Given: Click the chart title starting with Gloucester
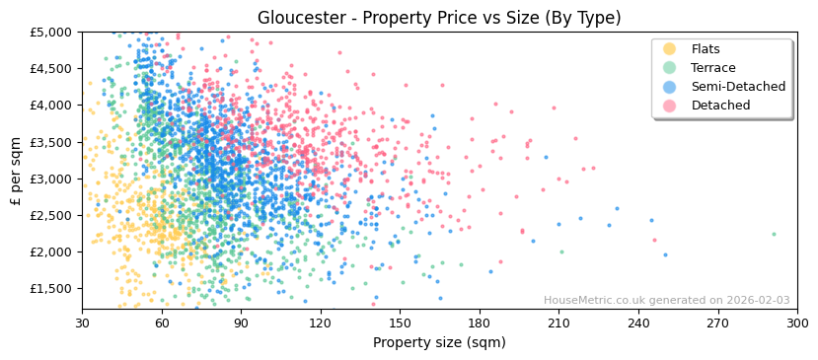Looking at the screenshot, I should (439, 18).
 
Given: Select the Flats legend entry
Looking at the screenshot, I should (705, 49).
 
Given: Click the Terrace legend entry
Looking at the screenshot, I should (712, 68).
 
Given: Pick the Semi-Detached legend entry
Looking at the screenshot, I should (738, 87).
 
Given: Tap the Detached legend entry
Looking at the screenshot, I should (719, 106).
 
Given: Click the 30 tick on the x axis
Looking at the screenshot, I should (82, 324).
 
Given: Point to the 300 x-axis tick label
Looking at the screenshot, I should (797, 324).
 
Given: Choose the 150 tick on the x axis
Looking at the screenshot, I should (400, 324).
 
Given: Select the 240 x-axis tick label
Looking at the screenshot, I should (638, 324).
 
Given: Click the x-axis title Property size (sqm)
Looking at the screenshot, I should (439, 343).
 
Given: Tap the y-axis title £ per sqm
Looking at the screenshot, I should (16, 172).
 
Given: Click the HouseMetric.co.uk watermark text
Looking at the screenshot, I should (666, 301).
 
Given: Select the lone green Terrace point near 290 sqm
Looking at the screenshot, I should (774, 234).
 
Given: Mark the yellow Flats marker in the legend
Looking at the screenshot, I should (669, 49).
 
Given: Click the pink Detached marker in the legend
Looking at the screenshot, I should (669, 106).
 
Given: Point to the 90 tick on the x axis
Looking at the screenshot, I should (241, 324).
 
